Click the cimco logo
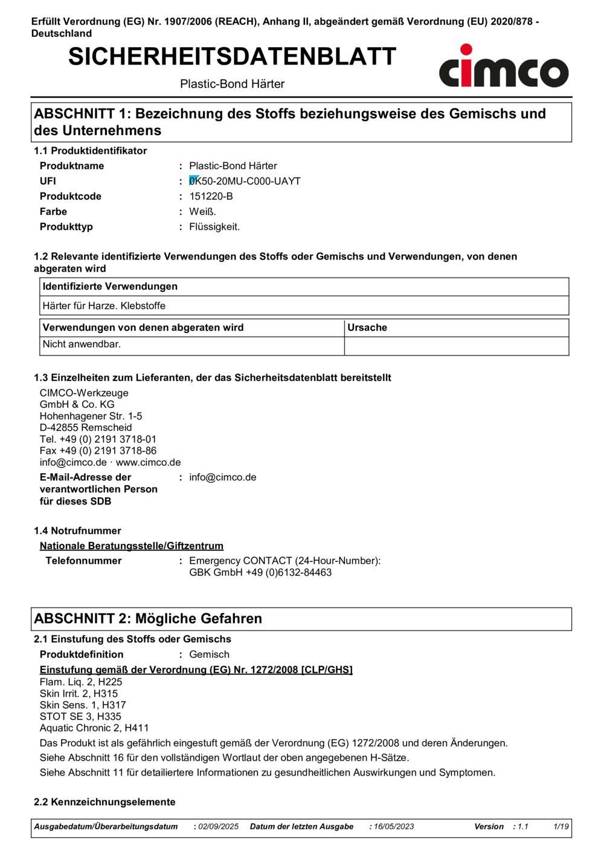[x=503, y=67]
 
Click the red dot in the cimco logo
[x=466, y=49]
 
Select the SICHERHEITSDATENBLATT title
[x=232, y=57]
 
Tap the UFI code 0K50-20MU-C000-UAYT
[x=245, y=181]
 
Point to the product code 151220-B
[x=211, y=196]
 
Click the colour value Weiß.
[x=202, y=212]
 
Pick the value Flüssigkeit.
[x=214, y=227]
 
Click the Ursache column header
[x=367, y=328]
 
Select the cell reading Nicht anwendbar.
[x=82, y=345]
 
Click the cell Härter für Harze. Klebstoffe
[x=104, y=306]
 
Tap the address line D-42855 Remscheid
[x=86, y=428]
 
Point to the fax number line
[x=98, y=451]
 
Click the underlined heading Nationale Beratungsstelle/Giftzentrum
[x=132, y=546]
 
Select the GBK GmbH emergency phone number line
[x=260, y=573]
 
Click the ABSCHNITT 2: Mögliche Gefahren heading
[x=148, y=619]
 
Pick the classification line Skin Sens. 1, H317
[x=83, y=705]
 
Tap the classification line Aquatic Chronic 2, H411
[x=94, y=728]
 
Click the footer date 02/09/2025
[x=219, y=827]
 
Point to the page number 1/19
[x=561, y=827]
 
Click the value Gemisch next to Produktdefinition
[x=209, y=654]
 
